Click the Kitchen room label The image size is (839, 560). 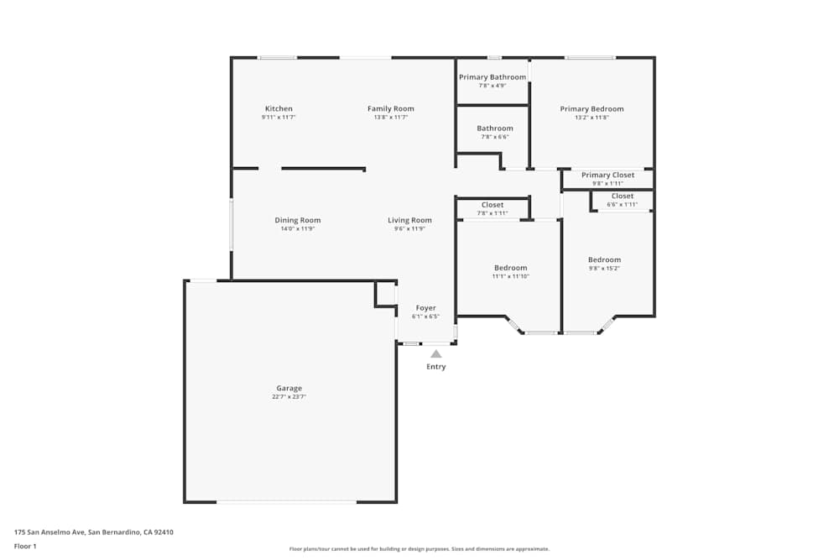pos(279,109)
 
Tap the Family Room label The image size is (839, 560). pos(391,109)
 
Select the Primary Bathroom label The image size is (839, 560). pos(492,77)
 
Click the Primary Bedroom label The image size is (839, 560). pos(591,109)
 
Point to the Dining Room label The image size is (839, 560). pos(298,221)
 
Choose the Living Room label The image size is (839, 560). pos(409,221)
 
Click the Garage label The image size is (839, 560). pos(289,389)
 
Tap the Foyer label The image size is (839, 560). pos(425,308)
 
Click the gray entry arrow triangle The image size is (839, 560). pos(436,354)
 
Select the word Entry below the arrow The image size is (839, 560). pos(436,367)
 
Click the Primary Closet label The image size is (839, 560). pos(607,175)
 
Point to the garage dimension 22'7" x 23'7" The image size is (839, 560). pos(289,397)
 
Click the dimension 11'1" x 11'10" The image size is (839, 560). pos(510,276)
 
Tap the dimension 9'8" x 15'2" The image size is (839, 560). pos(604,269)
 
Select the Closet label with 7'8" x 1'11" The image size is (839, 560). pos(492,205)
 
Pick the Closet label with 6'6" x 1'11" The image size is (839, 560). pos(623,196)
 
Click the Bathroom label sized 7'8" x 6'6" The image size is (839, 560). pos(495,128)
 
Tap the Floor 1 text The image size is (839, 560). pos(25,546)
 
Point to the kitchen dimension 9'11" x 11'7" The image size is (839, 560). pos(279,118)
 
